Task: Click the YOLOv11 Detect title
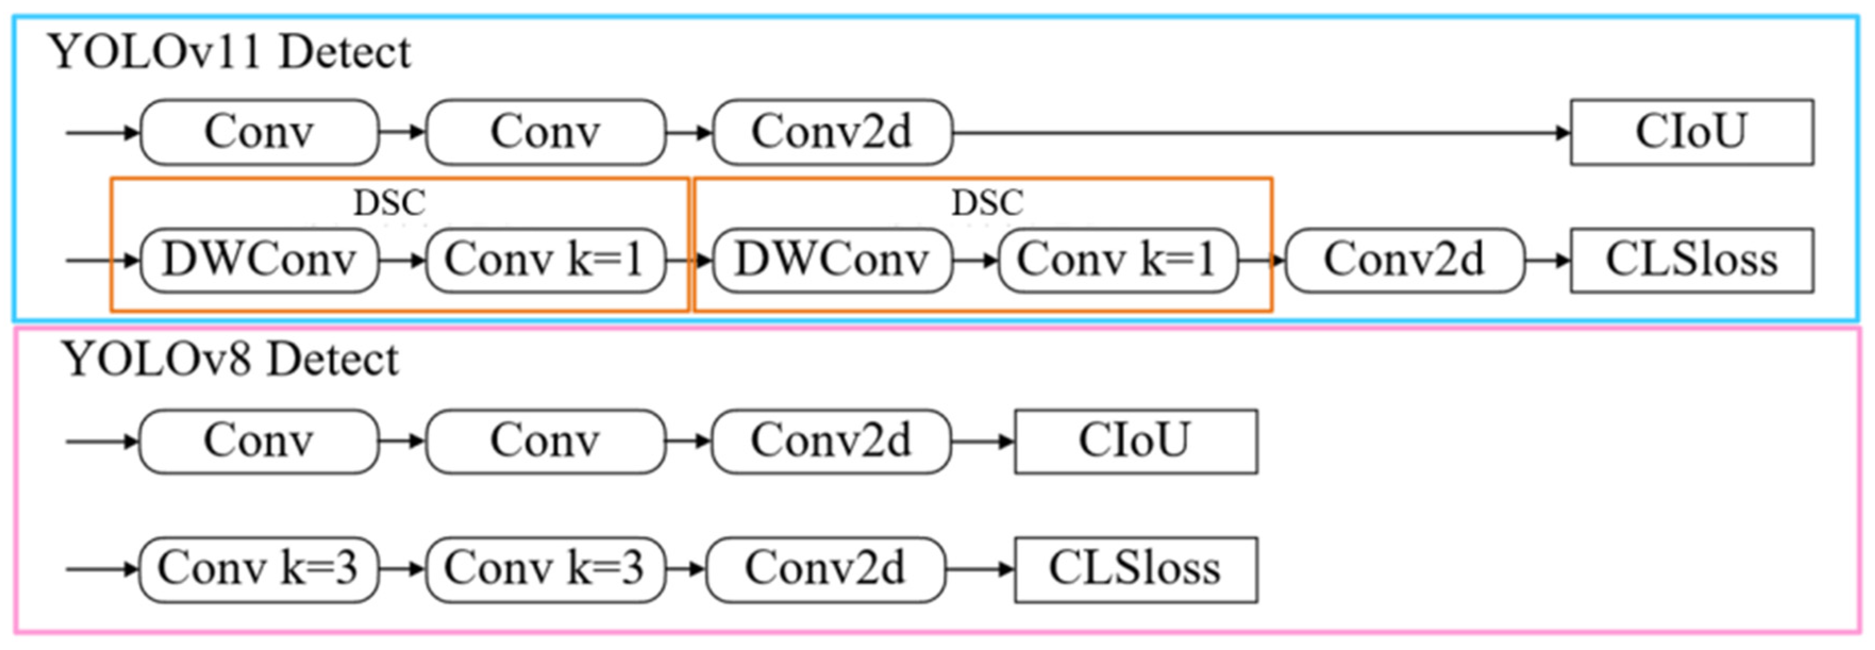229,53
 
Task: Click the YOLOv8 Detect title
229,359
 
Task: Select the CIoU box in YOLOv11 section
1691,132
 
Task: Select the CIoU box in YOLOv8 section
1135,441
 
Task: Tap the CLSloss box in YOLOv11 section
1691,261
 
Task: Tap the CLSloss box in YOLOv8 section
1135,569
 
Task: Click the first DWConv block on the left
258,261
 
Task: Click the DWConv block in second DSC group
832,261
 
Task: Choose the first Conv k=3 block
258,569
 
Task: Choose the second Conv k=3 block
545,569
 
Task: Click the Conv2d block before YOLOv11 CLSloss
1403,261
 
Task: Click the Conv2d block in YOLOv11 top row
832,132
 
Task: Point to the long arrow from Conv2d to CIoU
1259,133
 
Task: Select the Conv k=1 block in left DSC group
545,261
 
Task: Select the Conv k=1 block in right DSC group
1117,261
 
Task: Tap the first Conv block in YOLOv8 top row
258,441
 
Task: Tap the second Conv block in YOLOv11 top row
545,132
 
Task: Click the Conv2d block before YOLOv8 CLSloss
825,569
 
